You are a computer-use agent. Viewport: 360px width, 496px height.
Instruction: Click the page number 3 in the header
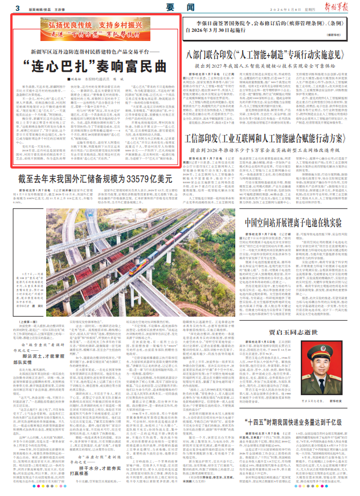tap(19, 8)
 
